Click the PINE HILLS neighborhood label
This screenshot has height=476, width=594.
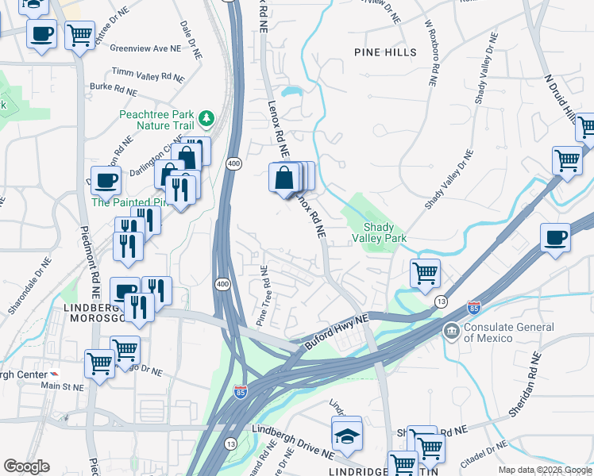pyautogui.click(x=384, y=52)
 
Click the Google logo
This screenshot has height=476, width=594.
pyautogui.click(x=26, y=466)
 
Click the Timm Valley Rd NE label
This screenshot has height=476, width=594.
pyautogui.click(x=148, y=75)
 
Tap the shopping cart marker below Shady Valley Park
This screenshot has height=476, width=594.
pyautogui.click(x=426, y=274)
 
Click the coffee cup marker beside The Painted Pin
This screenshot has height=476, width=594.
pyautogui.click(x=106, y=182)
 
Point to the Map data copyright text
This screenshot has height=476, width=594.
pyautogui.click(x=545, y=470)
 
